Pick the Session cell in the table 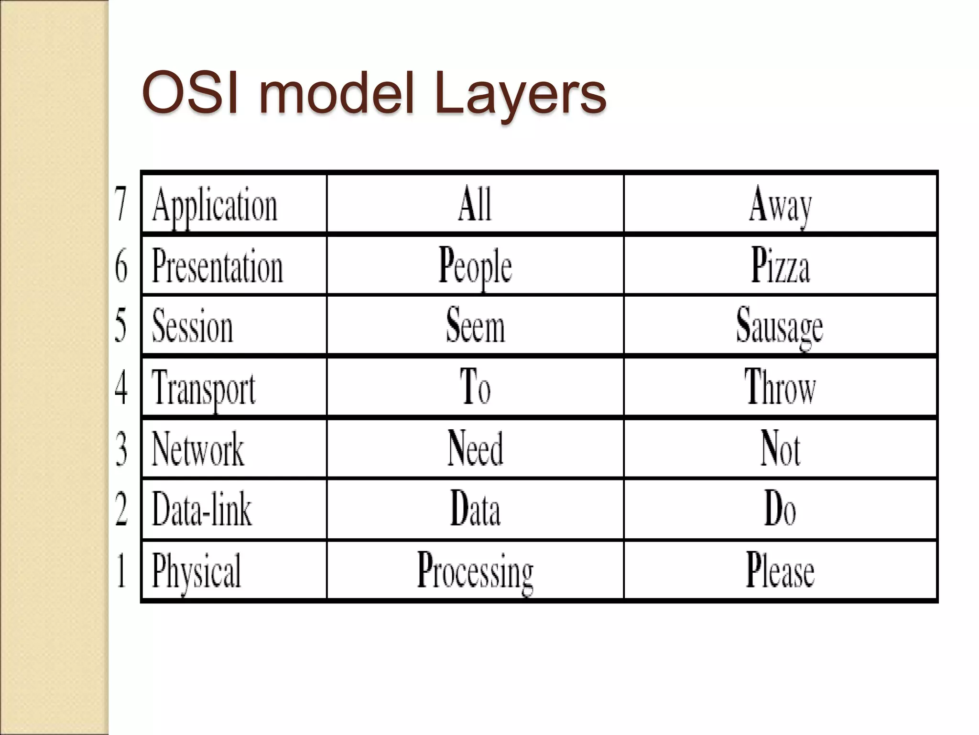click(x=193, y=326)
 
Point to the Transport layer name click(x=204, y=388)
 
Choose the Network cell click(x=197, y=449)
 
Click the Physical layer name click(x=196, y=570)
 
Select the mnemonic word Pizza click(x=780, y=266)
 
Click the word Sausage click(x=780, y=326)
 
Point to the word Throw click(x=780, y=388)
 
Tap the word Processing click(x=475, y=570)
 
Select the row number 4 click(x=121, y=388)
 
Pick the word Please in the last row click(x=780, y=570)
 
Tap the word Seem click(x=475, y=326)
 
